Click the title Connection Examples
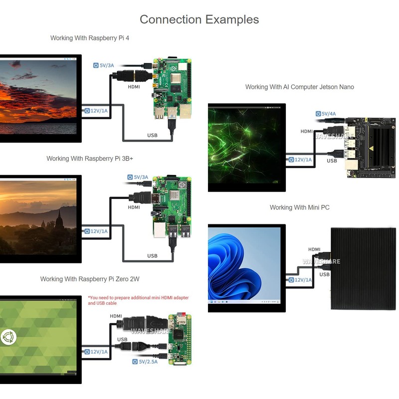[x=199, y=19]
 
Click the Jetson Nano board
[x=369, y=145]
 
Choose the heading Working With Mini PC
[x=299, y=207]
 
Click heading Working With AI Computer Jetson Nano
[x=299, y=87]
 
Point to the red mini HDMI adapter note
[x=138, y=300]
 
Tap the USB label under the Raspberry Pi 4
[x=152, y=135]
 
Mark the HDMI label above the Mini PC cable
[x=314, y=249]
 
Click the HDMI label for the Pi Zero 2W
[x=116, y=316]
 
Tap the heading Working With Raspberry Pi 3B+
[x=90, y=159]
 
